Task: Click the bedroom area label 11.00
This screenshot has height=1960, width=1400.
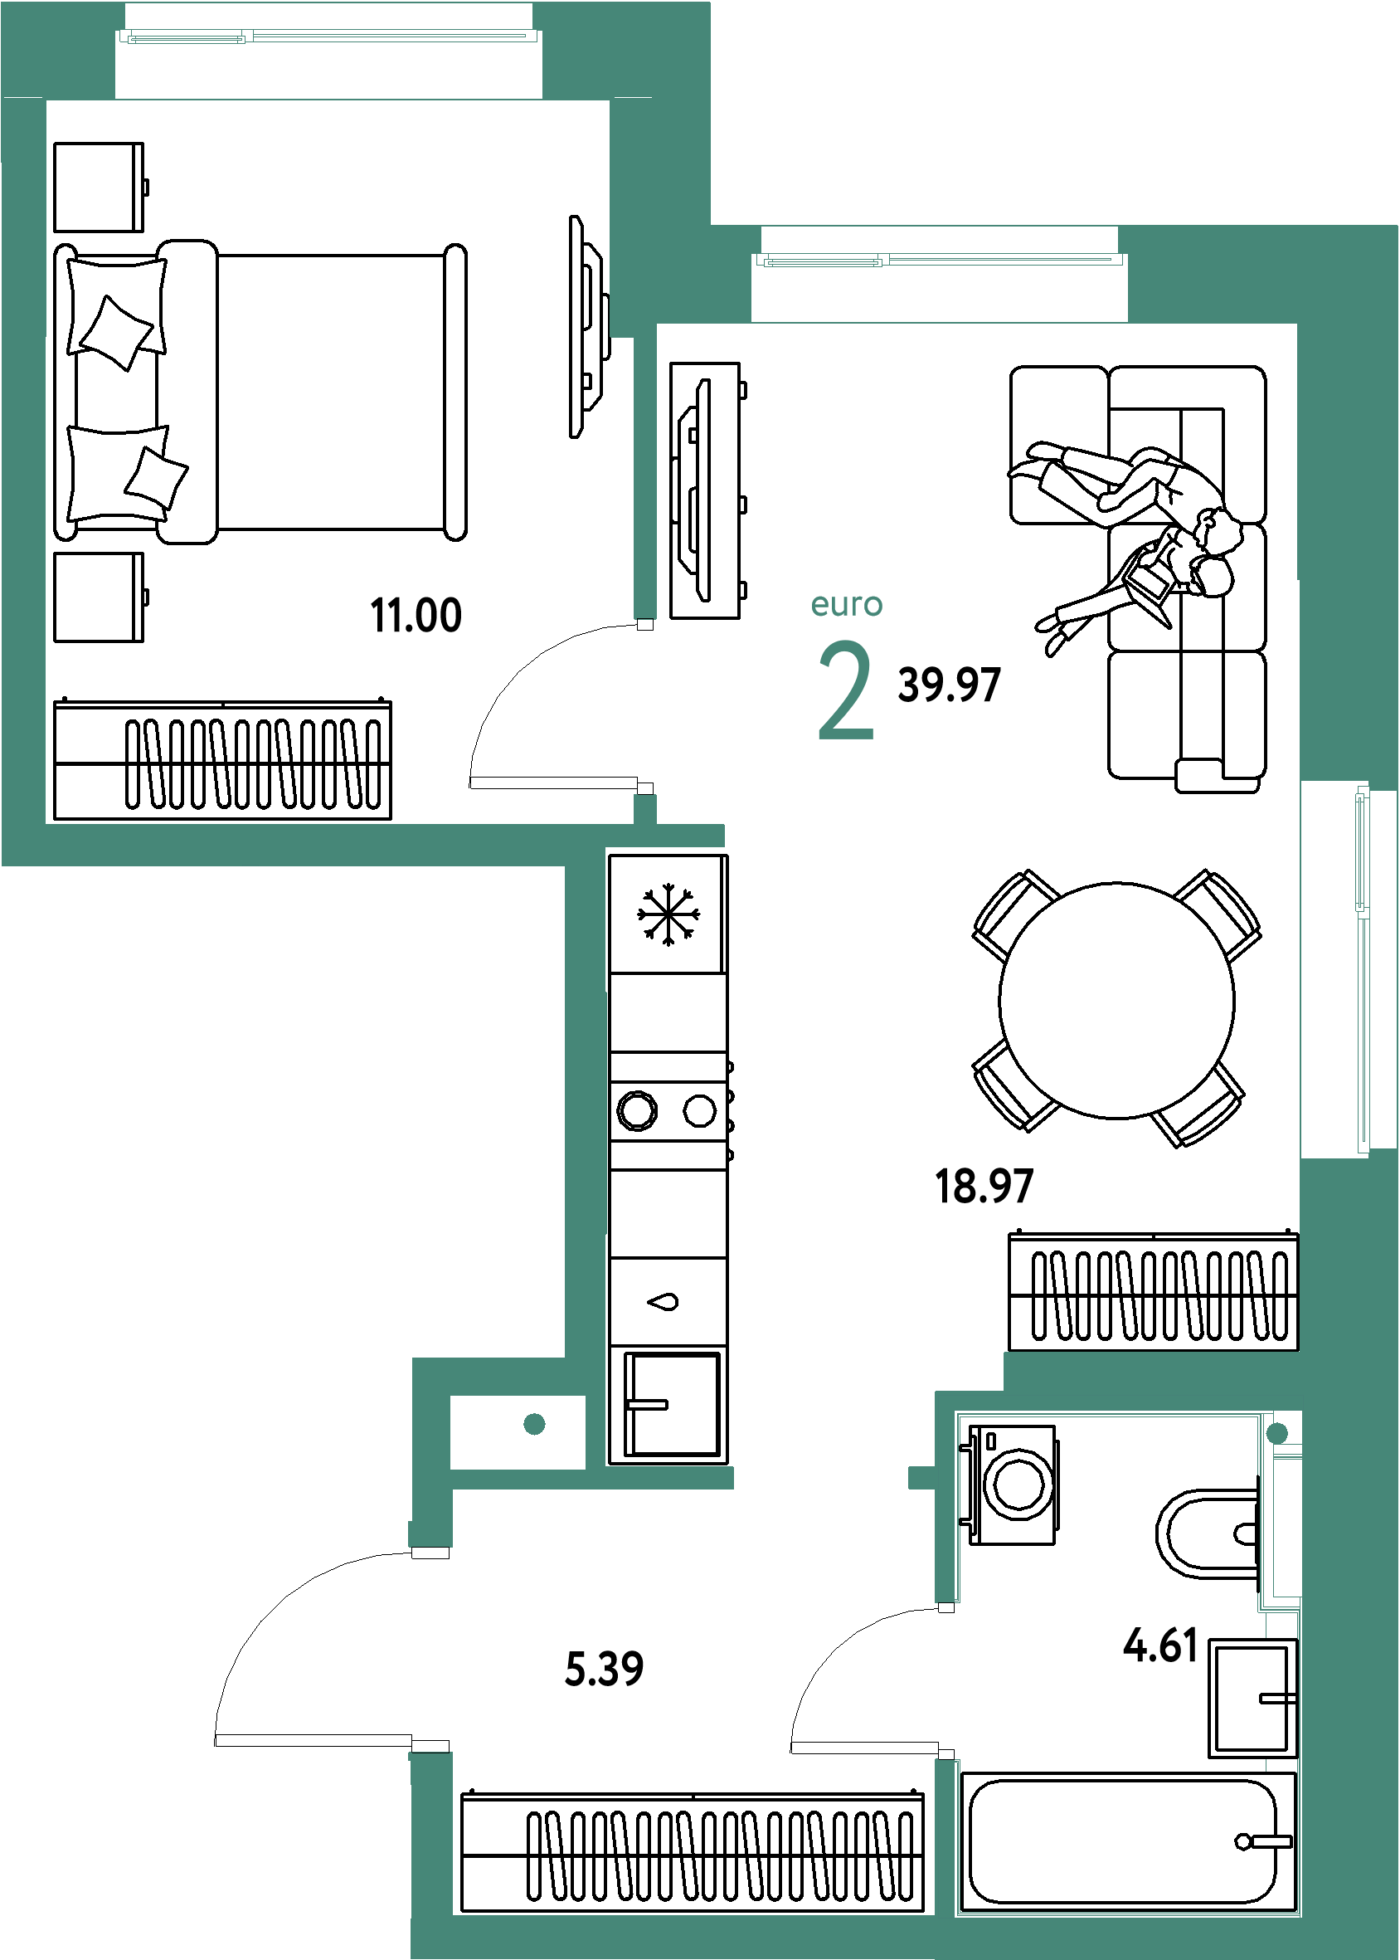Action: point(416,616)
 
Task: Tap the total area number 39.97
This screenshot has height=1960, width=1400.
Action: point(948,685)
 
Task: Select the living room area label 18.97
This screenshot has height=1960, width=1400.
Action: point(984,1187)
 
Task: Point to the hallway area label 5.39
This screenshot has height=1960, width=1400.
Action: point(604,1669)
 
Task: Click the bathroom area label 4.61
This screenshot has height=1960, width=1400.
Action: point(1160,1646)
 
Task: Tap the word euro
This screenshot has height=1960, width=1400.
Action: point(847,604)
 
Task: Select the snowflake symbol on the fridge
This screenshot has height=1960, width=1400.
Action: point(668,914)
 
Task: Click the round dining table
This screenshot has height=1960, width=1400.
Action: point(1116,1000)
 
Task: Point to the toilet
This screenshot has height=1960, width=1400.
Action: point(1207,1534)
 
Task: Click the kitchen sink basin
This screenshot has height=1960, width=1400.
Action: point(671,1405)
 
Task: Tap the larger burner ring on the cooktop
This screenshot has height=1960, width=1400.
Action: point(637,1110)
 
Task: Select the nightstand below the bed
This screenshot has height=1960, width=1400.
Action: point(100,597)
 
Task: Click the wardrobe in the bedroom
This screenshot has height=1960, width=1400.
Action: point(222,759)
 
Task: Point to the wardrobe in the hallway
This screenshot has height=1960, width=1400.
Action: point(693,1851)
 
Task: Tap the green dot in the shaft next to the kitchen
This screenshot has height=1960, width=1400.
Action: point(534,1424)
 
